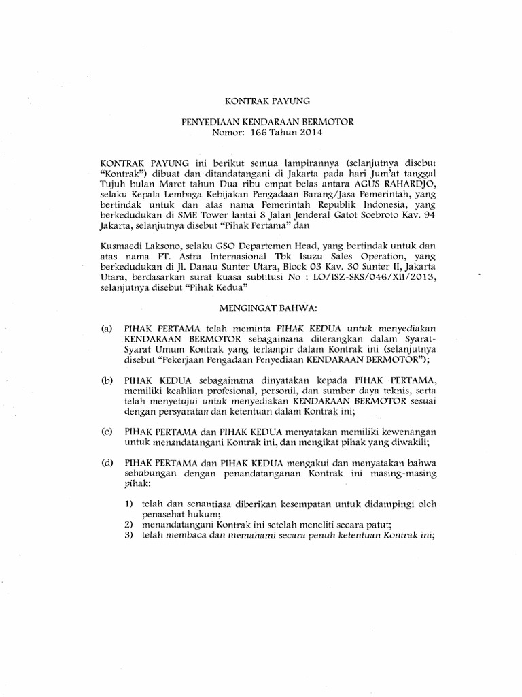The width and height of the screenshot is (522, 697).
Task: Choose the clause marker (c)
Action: click(x=106, y=432)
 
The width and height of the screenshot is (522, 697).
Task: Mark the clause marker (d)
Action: click(x=106, y=463)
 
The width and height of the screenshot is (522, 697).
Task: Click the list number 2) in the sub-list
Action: click(x=129, y=524)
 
